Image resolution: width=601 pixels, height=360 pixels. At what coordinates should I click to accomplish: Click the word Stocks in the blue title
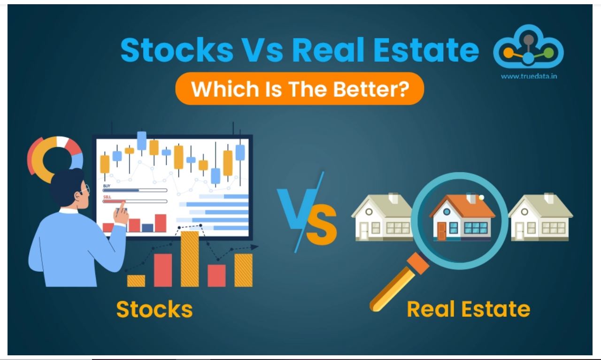(x=177, y=50)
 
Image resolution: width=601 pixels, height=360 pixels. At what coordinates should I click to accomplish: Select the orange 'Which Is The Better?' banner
(x=300, y=89)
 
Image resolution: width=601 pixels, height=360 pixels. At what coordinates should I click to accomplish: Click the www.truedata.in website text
(x=529, y=77)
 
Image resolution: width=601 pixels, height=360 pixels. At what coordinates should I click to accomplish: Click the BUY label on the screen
(x=107, y=186)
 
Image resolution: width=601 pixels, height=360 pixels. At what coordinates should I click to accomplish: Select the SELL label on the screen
(x=107, y=197)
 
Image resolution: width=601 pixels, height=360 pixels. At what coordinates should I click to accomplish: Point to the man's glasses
(x=85, y=190)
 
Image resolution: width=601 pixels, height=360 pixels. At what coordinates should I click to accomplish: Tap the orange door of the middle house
(x=441, y=231)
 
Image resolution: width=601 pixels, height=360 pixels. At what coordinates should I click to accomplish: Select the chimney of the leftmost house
(x=393, y=198)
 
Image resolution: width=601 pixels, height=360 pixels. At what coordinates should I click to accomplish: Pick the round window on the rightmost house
(x=524, y=212)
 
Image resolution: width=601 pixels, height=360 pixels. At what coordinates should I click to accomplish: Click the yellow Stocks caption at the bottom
(x=154, y=309)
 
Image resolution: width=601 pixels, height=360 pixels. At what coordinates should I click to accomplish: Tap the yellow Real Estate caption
(x=469, y=309)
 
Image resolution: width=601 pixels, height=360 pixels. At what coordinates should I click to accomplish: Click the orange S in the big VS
(x=321, y=225)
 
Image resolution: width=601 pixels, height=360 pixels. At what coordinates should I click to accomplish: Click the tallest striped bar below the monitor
(x=190, y=259)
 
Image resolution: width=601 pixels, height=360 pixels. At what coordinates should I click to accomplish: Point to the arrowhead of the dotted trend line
(x=254, y=247)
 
